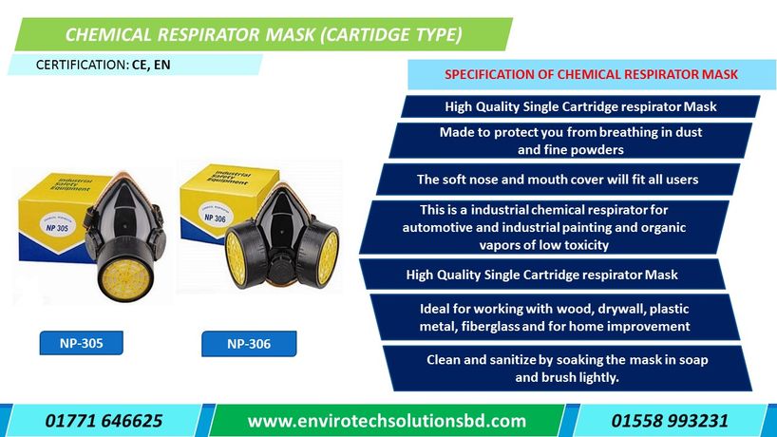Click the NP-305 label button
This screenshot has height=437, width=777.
(x=81, y=343)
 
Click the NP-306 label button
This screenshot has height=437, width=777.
(x=249, y=344)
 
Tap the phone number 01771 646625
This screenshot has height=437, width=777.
(x=104, y=420)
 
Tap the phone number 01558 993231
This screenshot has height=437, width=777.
(x=670, y=420)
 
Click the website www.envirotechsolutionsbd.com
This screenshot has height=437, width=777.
(x=386, y=420)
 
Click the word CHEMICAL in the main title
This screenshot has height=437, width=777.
(x=107, y=36)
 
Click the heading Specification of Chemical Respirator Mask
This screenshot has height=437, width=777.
(x=591, y=74)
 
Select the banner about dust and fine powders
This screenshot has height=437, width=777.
(x=570, y=141)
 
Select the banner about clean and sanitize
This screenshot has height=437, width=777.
(x=567, y=369)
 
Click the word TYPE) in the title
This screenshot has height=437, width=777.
(x=434, y=36)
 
